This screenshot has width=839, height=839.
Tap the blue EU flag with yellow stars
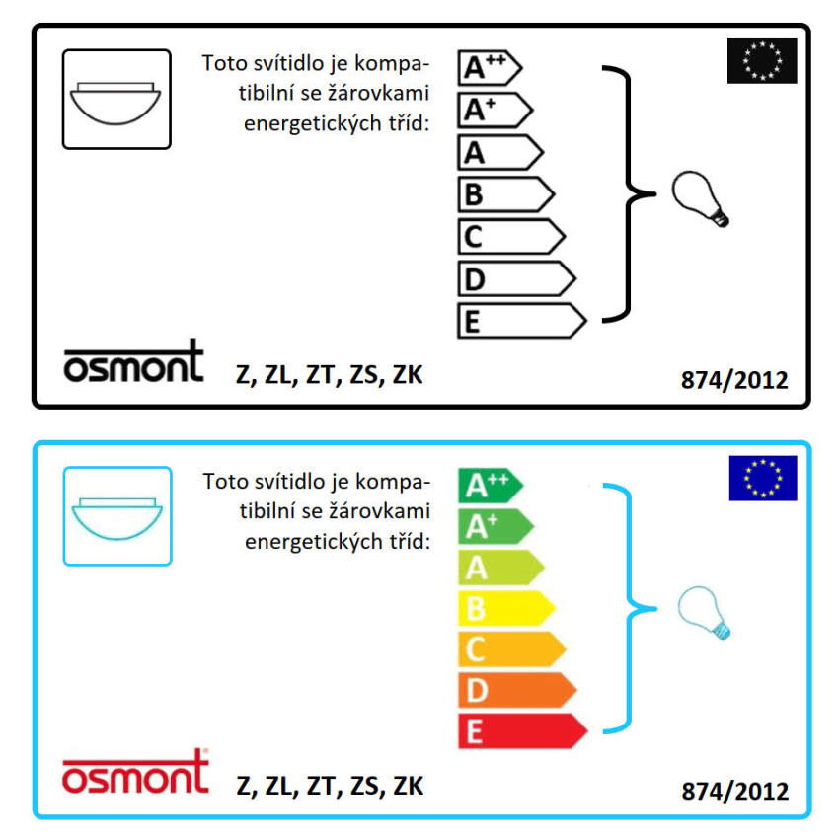(x=763, y=479)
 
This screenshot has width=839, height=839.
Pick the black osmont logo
(x=134, y=362)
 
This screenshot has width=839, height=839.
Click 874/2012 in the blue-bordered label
(x=734, y=792)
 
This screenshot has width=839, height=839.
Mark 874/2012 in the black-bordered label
(x=734, y=380)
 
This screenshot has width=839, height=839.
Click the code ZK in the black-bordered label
(x=408, y=375)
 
